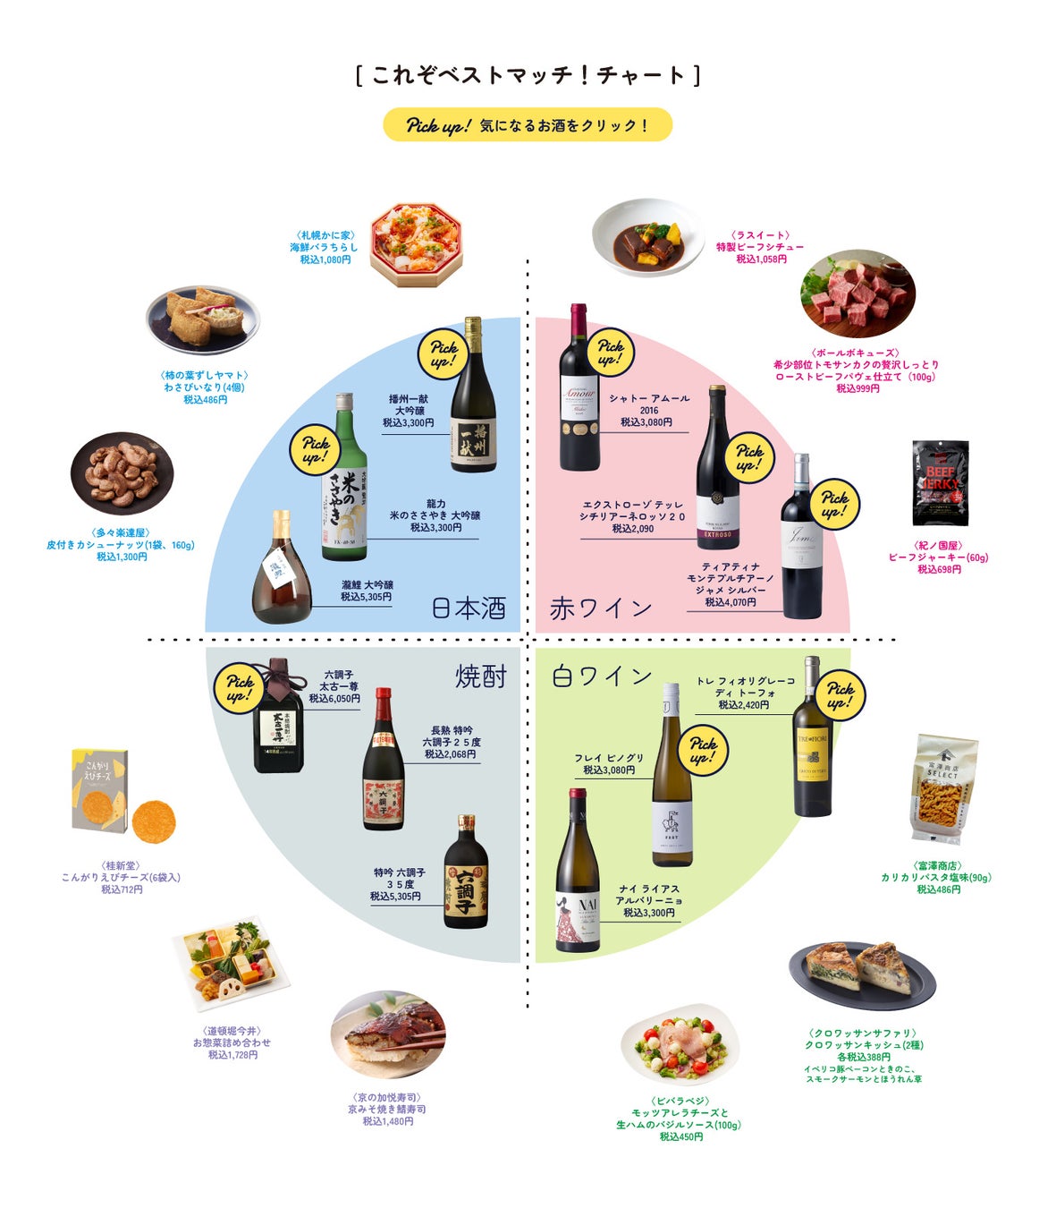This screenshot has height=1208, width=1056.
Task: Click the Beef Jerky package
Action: point(940,482)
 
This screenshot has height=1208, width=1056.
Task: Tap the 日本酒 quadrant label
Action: point(469,608)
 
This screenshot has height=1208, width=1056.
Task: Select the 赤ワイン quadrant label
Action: point(601,608)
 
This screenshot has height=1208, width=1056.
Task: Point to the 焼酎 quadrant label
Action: point(481,676)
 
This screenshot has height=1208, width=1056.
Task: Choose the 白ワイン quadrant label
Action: point(602,676)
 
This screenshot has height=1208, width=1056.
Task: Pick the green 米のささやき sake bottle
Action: point(344,479)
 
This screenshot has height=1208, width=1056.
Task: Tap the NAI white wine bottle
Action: point(577,872)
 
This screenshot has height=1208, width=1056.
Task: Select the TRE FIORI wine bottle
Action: point(812,738)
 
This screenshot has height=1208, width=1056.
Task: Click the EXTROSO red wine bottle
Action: point(717,470)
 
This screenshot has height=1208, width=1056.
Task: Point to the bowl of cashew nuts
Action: point(122,474)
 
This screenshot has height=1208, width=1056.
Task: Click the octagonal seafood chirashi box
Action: point(417,243)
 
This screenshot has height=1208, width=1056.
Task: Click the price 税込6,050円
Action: point(334,698)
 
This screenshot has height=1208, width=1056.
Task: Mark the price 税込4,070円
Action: point(730,602)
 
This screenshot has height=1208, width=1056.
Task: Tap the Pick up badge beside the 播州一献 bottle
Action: point(444,353)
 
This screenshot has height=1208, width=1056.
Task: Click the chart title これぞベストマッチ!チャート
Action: point(528,74)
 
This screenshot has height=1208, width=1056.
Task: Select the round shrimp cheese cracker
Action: point(154,821)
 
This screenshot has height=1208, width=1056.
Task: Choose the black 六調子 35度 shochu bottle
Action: point(466,872)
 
